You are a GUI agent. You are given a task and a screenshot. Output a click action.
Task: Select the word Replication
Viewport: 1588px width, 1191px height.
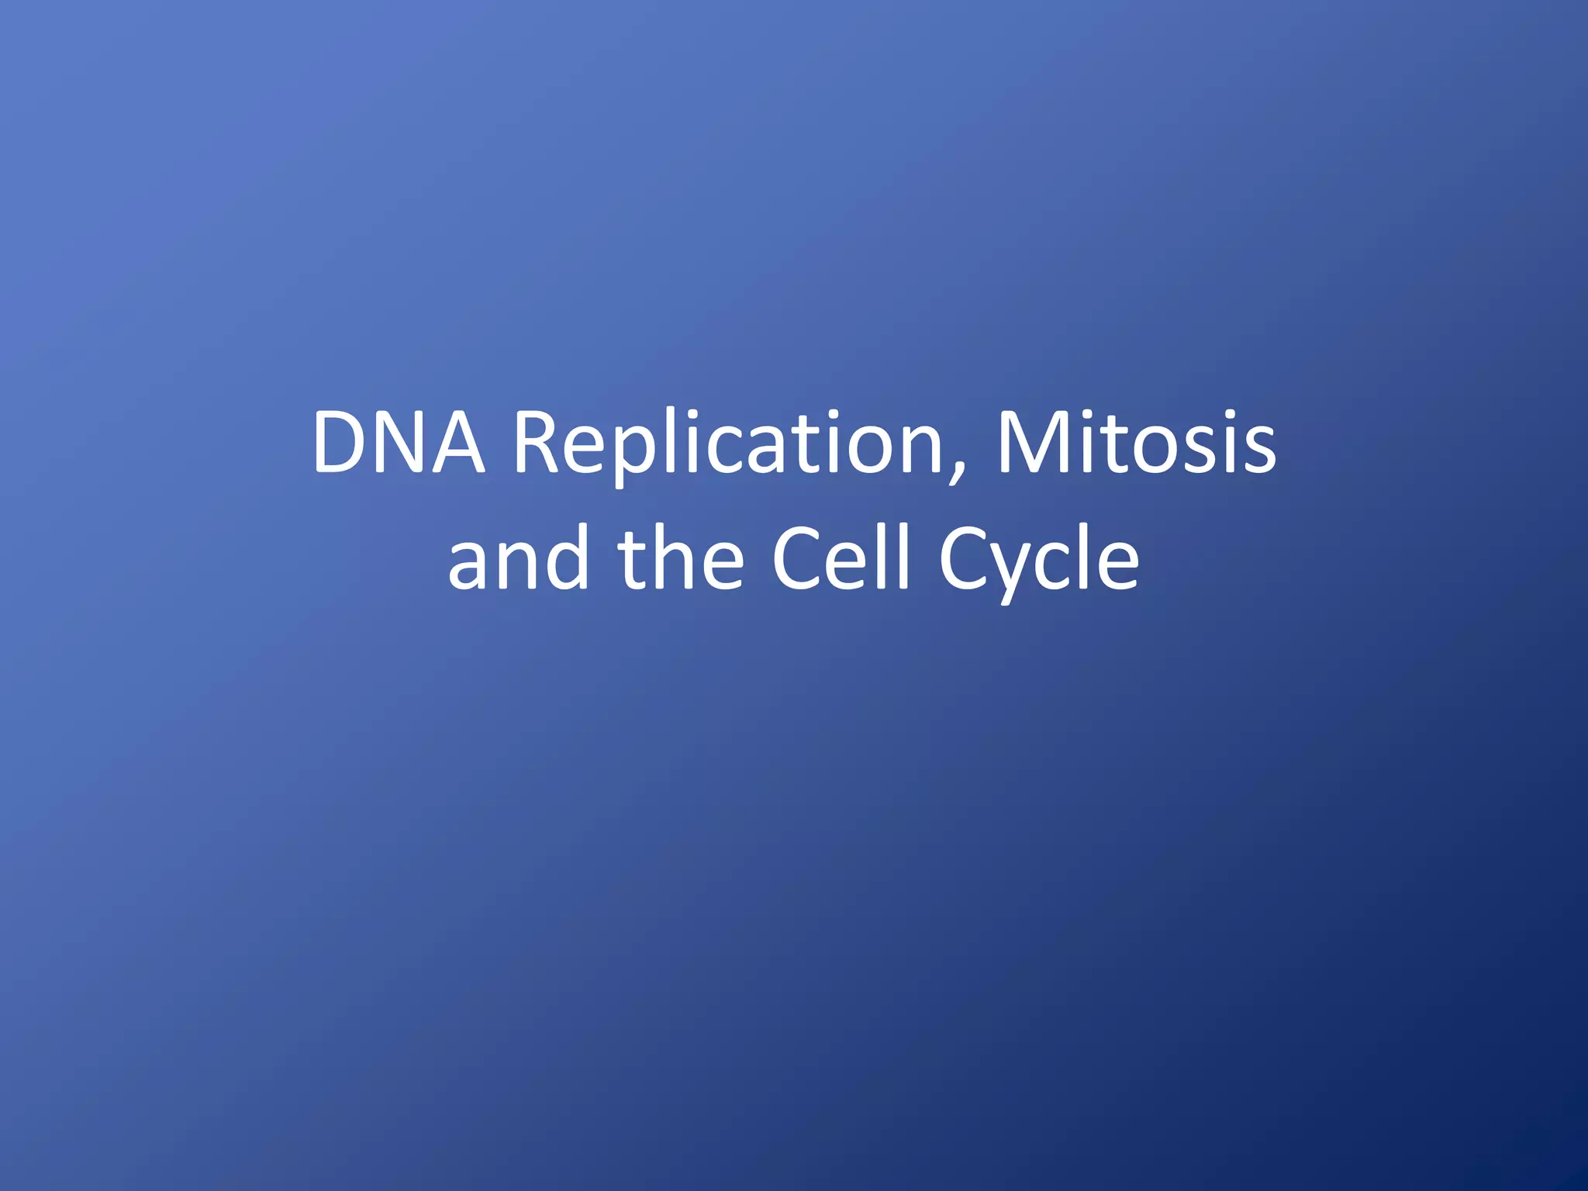(x=729, y=444)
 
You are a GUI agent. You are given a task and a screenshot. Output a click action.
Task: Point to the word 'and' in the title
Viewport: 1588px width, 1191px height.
(x=518, y=558)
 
